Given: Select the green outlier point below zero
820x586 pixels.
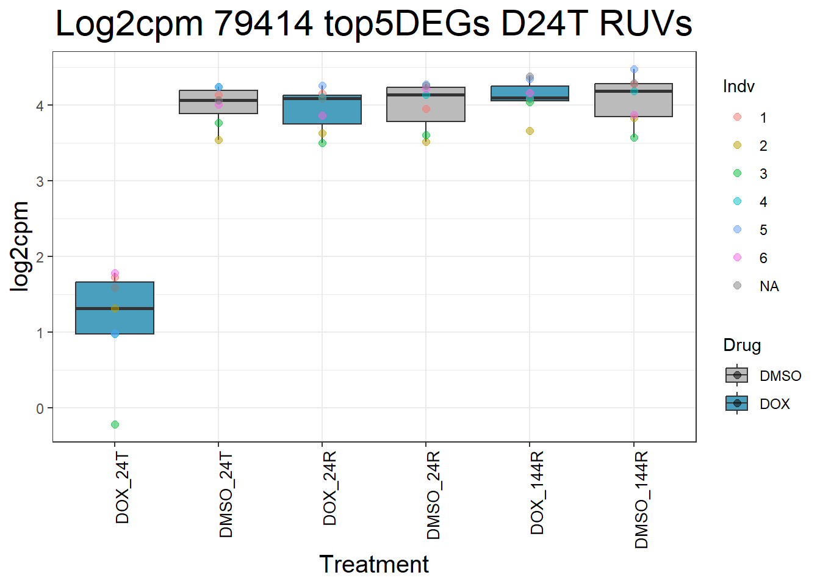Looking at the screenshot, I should click(x=115, y=424).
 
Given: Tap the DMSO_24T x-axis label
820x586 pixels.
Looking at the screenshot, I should click(x=226, y=494).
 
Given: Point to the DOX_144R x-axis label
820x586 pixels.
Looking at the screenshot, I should click(x=537, y=493).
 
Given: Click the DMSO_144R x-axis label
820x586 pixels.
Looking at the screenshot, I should click(x=641, y=499).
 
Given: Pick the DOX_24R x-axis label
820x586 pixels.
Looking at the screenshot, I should click(x=329, y=488).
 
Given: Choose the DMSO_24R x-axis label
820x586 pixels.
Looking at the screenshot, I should click(x=433, y=495).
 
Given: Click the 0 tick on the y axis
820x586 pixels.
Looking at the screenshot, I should click(x=40, y=408).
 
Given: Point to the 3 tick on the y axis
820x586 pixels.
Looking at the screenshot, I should click(x=40, y=181).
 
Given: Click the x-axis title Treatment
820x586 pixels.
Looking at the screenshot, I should click(x=373, y=565).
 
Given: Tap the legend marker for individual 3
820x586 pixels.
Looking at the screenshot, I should click(x=737, y=173).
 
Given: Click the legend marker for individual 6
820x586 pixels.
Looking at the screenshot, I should click(x=737, y=258).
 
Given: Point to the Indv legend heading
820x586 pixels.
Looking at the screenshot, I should click(x=738, y=87).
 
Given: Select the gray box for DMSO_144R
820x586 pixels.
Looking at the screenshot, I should click(x=634, y=101).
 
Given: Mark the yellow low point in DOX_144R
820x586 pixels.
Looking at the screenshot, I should click(x=530, y=131).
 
